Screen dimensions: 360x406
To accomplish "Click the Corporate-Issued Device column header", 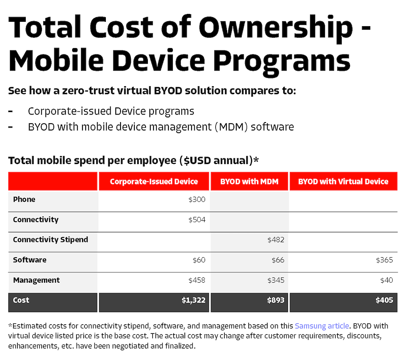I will (x=154, y=182).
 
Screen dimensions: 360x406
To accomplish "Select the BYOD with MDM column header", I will (x=249, y=182).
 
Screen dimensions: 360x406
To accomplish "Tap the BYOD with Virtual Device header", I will (x=343, y=182).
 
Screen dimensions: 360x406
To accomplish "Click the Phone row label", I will (x=24, y=199).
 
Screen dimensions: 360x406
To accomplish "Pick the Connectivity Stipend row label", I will (x=50, y=239).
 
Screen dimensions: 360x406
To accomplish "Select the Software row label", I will (x=30, y=260).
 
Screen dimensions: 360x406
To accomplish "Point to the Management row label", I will (x=36, y=280).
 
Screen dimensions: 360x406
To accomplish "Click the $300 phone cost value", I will (x=197, y=199).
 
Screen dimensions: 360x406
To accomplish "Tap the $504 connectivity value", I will (x=197, y=220).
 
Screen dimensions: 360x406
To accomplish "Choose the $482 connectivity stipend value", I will (x=276, y=239).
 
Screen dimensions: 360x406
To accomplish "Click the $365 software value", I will (x=385, y=260).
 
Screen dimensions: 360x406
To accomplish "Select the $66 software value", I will (x=278, y=260).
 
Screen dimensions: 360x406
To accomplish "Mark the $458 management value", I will (x=197, y=280).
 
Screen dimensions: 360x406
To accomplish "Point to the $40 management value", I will (x=387, y=280).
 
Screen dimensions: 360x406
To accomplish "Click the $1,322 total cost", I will (x=193, y=300).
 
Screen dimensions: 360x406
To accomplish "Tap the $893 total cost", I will (x=276, y=300).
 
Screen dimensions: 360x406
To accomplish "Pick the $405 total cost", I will (x=384, y=300).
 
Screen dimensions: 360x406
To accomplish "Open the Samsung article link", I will (x=322, y=326).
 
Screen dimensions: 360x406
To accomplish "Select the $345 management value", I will (x=276, y=280).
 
